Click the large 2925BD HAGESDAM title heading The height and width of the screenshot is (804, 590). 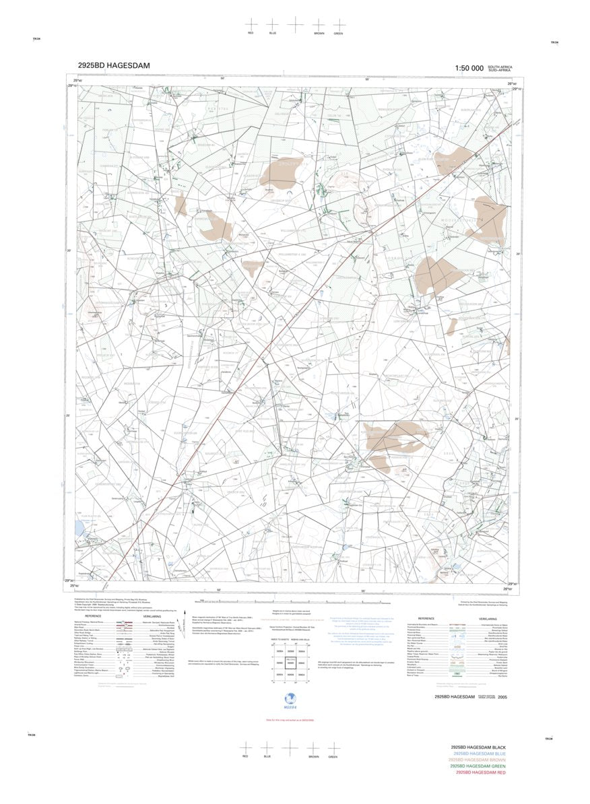(113, 65)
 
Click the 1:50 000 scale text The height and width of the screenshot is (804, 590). (469, 68)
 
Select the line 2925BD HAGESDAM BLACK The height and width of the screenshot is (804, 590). (478, 748)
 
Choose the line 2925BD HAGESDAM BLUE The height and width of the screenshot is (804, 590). (478, 754)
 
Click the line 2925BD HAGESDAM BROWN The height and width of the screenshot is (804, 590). (478, 760)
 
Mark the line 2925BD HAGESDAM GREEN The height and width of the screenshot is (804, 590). (478, 766)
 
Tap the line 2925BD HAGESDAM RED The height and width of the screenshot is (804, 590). (479, 772)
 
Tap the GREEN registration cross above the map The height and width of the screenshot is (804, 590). (339, 24)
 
